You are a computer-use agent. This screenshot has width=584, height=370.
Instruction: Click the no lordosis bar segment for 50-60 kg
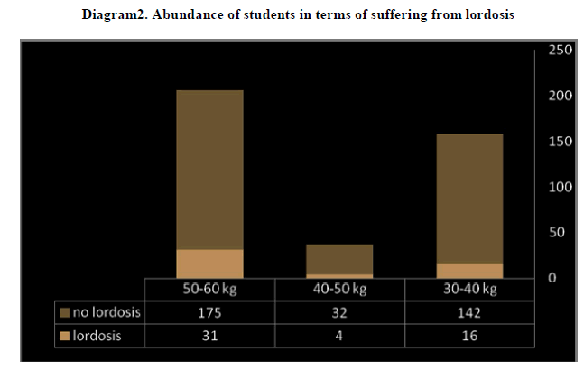point(209,170)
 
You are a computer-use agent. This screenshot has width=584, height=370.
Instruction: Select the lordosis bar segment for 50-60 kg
point(209,264)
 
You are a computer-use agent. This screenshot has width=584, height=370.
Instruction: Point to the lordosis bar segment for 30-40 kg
point(469,271)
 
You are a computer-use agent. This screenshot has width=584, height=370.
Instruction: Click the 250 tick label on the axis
point(561,50)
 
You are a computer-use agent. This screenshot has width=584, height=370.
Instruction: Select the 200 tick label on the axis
point(561,96)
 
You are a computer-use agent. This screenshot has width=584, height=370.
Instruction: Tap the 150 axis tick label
point(561,141)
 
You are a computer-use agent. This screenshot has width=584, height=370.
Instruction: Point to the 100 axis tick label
point(561,187)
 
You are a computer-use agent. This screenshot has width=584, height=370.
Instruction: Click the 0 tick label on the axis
point(553,277)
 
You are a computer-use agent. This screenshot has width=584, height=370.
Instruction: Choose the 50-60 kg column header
point(209,290)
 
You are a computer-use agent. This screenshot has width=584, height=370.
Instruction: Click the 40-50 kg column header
point(339,290)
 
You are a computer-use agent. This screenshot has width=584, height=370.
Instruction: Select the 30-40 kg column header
point(469,290)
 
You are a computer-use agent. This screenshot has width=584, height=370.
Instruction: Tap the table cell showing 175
point(209,313)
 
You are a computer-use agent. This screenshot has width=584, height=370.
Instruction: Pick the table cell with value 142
point(469,313)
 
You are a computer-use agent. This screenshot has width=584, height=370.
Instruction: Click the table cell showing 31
point(209,336)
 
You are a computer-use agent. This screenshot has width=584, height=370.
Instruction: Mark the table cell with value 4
point(339,336)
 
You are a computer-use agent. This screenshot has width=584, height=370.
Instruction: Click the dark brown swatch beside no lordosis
point(65,313)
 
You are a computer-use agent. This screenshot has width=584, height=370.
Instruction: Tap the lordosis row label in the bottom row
point(97,336)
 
